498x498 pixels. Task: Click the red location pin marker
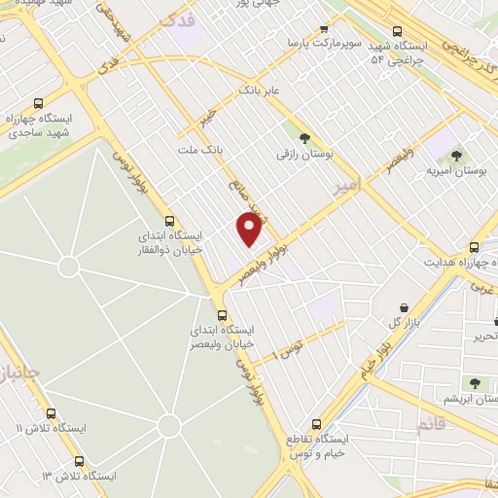(x=251, y=230)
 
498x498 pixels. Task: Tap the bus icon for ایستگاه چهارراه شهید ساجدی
(x=39, y=103)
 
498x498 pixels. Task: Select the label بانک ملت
(x=200, y=151)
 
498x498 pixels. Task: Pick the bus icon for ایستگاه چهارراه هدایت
(x=475, y=247)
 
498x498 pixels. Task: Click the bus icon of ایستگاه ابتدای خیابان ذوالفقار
(x=171, y=221)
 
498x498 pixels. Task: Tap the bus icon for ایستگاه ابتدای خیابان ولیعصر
(x=222, y=315)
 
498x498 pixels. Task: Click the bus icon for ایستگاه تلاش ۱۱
(x=52, y=412)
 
